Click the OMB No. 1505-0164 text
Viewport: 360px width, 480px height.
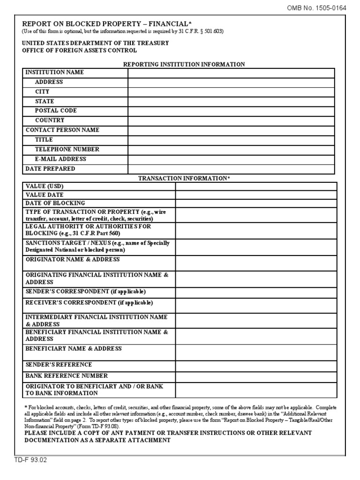point(323,7)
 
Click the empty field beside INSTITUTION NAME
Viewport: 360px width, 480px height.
point(231,73)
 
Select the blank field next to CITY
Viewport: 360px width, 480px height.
point(231,92)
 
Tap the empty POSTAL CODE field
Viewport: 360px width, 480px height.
point(231,111)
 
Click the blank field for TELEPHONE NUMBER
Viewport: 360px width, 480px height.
point(231,150)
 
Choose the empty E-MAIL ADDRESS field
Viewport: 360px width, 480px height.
point(231,159)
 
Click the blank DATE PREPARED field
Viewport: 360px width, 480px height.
point(231,169)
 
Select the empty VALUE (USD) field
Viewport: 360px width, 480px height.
point(256,187)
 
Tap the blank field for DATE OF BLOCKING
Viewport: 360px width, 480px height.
point(256,203)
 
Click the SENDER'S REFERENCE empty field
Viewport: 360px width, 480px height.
point(256,365)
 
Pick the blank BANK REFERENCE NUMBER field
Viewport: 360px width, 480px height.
point(256,376)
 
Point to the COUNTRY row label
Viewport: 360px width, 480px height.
point(50,120)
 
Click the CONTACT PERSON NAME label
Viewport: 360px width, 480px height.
point(62,130)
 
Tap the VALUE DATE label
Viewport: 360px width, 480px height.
point(45,195)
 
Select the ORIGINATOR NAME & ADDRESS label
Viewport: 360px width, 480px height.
point(73,260)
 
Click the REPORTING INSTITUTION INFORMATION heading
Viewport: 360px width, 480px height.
point(184,64)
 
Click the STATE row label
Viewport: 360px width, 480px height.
point(45,101)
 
